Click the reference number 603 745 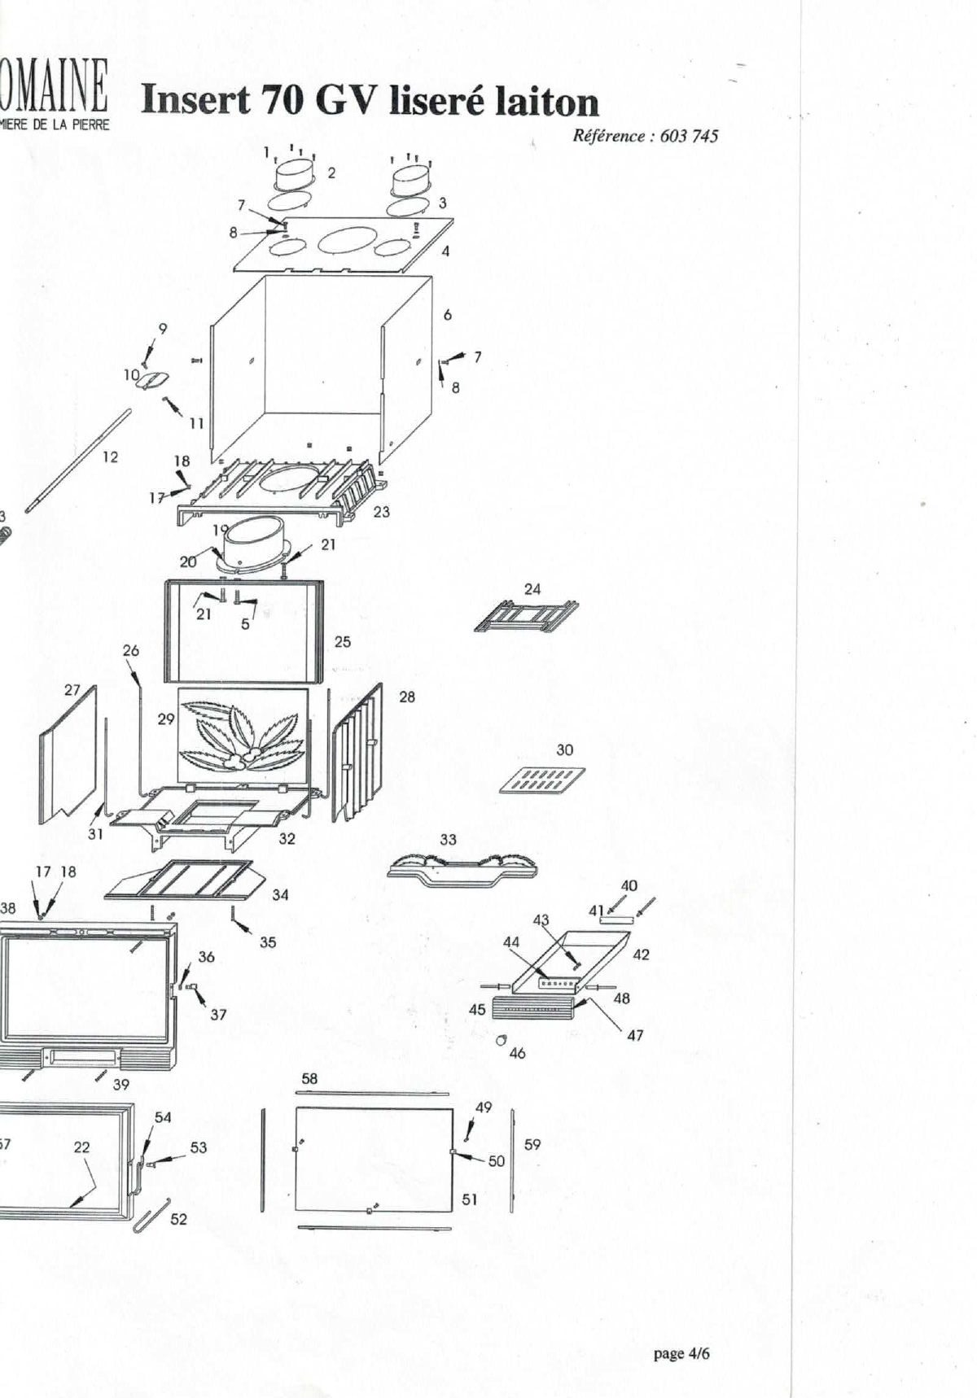(689, 136)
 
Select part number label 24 (532, 589)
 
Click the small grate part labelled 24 (526, 616)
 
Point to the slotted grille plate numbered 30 (541, 780)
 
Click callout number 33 (449, 839)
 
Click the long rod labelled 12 (78, 461)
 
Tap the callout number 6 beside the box (448, 315)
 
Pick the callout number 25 (343, 642)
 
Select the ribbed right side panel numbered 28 (357, 754)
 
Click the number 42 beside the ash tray (642, 955)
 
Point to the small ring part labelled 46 (501, 1039)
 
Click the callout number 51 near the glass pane (470, 1199)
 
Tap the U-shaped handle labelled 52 (151, 1213)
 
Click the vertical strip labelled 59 (513, 1159)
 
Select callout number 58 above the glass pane (309, 1079)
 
